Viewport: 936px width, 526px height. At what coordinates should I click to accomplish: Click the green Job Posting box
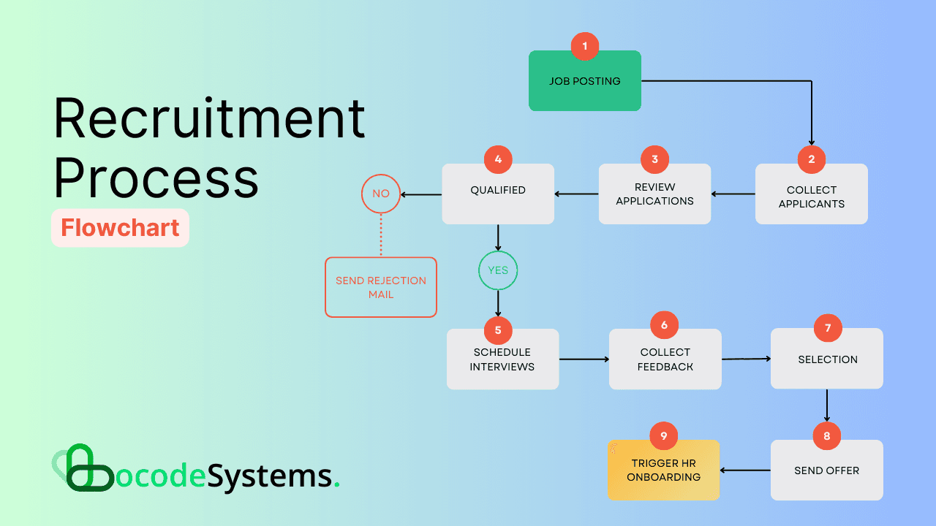584,84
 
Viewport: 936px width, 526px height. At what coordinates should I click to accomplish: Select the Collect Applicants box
811,197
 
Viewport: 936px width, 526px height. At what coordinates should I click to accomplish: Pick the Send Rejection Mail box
380,287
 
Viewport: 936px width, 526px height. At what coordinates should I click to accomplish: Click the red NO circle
381,194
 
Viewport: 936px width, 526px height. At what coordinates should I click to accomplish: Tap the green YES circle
498,270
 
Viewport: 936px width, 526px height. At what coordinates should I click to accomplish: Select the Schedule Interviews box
502,360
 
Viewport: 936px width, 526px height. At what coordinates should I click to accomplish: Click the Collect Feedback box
665,360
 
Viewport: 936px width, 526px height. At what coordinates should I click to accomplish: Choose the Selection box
827,360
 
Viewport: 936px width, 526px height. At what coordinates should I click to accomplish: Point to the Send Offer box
826,471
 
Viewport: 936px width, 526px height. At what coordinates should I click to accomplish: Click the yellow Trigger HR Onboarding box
663,470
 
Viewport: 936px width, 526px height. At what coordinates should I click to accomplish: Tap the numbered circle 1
584,46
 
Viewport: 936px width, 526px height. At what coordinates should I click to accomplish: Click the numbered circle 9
664,436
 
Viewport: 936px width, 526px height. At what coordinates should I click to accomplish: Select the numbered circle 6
664,325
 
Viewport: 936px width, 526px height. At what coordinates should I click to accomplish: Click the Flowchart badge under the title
120,228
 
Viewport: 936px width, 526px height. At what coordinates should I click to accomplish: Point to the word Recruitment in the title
209,119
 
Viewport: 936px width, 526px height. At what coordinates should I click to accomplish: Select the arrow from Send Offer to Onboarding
745,470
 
